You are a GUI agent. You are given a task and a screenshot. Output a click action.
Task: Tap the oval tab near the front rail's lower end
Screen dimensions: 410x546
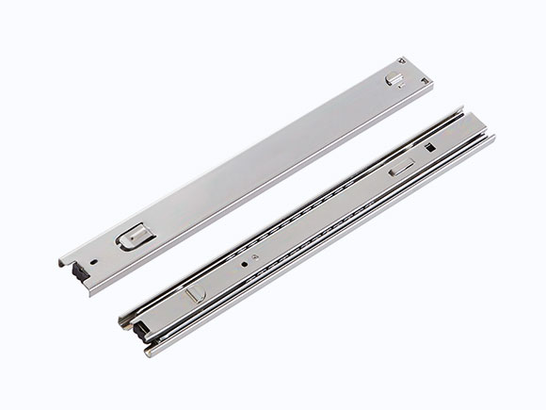coord(195,293)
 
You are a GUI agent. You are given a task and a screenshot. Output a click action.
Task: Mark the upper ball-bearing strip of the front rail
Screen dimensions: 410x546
coord(311,207)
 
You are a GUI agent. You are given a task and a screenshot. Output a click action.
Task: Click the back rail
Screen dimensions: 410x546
coord(245,160)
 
